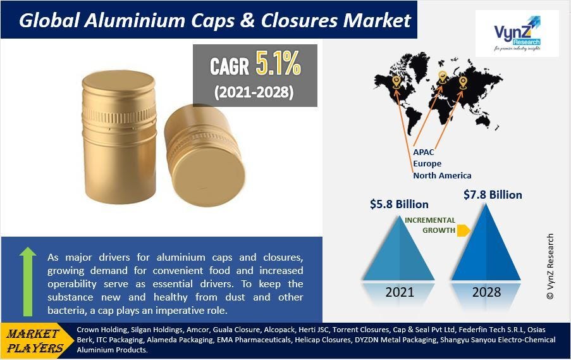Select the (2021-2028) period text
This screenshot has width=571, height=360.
click(254, 92)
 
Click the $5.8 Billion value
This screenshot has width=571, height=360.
click(399, 204)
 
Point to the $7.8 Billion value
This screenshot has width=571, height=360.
click(493, 194)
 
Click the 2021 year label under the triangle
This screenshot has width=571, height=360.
click(399, 292)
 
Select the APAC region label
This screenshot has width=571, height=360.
click(424, 152)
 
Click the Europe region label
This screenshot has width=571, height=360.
click(427, 164)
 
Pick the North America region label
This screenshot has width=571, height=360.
click(442, 175)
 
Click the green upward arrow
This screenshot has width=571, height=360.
click(28, 280)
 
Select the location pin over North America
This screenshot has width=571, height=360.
click(396, 81)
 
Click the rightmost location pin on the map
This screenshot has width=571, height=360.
click(463, 82)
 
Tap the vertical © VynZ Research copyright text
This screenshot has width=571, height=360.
click(550, 265)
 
